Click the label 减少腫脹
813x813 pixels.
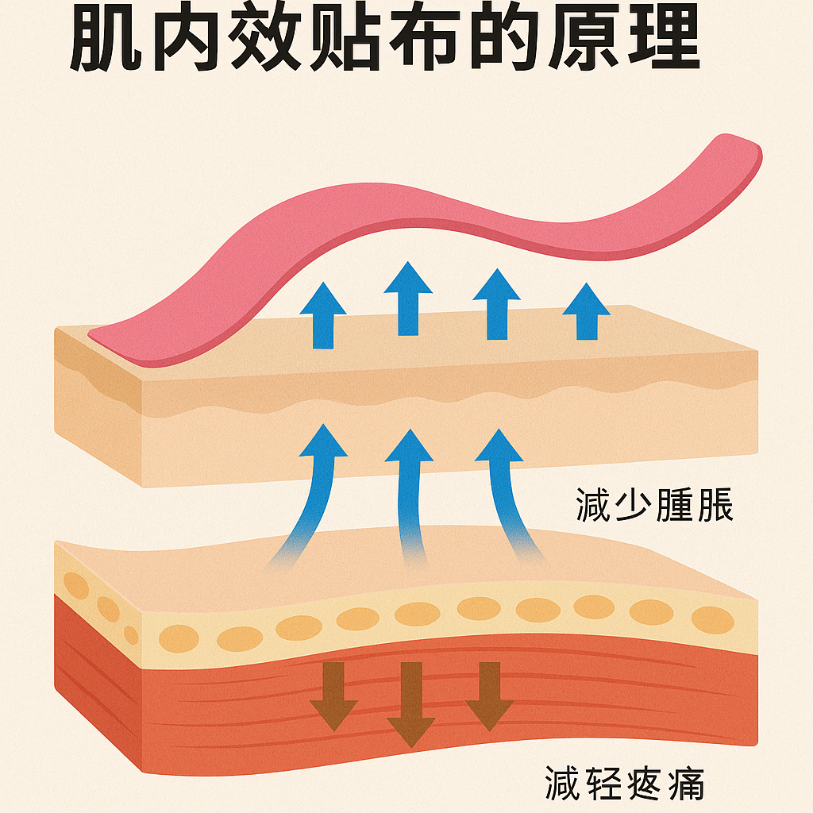(654, 506)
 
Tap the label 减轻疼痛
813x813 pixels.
(624, 781)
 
